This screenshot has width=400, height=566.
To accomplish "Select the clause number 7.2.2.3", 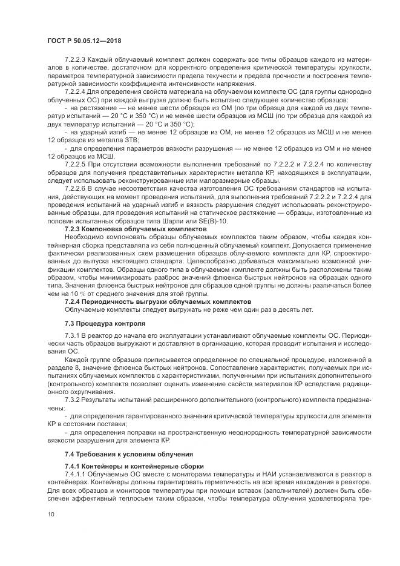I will coord(76,60).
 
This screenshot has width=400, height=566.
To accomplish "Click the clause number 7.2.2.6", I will coord(76,188).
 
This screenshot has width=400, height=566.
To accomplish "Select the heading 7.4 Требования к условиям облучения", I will coord(129,453).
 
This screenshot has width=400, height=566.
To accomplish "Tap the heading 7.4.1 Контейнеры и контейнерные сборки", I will coord(134,466).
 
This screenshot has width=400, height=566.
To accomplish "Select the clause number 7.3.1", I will coord(72,334).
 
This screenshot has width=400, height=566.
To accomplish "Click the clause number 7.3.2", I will coord(72,400).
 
